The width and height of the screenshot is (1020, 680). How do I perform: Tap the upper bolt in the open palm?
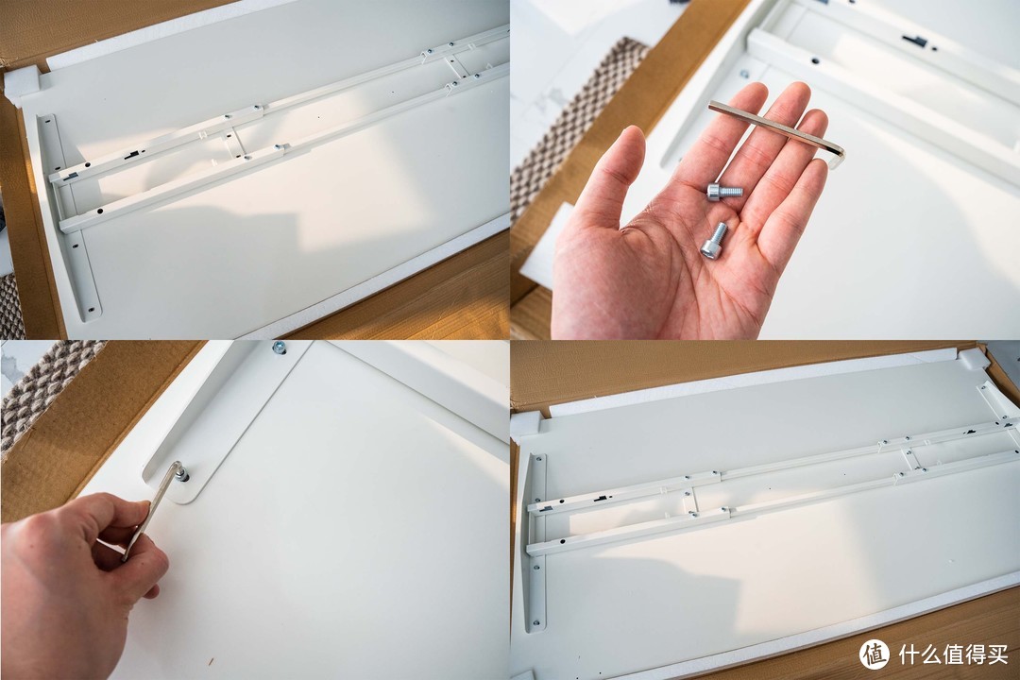tap(724, 192)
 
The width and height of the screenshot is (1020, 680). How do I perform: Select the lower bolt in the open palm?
tap(714, 240)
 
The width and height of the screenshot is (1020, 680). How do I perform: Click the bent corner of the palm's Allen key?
tap(838, 154)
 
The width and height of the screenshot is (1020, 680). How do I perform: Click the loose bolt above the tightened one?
tap(279, 348)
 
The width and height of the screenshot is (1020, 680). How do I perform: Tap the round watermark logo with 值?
tap(875, 654)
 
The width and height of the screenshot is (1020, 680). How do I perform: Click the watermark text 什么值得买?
tap(954, 654)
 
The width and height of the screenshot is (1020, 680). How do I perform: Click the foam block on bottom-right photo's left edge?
tap(526, 424)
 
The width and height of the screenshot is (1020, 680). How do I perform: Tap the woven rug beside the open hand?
tap(572, 124)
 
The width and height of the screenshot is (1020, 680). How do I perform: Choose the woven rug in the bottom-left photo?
tap(39, 390)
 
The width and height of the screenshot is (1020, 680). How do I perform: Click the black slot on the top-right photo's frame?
tap(914, 41)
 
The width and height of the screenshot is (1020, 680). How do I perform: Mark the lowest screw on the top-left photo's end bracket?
tap(91, 310)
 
